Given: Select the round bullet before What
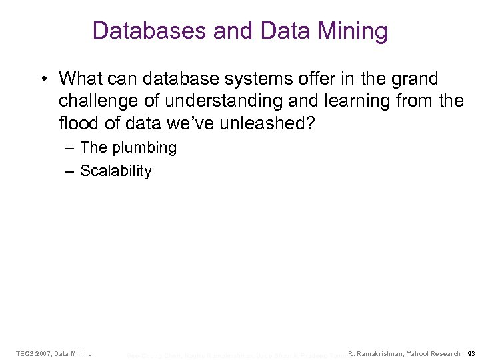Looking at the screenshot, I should (x=43, y=79).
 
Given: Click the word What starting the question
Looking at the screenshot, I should (x=79, y=79).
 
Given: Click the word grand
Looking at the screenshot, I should (x=416, y=79).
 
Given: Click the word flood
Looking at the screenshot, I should (x=77, y=124).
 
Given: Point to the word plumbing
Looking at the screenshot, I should (x=145, y=148).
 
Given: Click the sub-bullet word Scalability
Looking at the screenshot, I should (x=116, y=171).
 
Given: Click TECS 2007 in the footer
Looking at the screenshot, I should (x=33, y=353).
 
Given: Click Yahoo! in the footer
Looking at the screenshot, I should (x=420, y=353).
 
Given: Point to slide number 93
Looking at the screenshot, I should (x=471, y=353).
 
